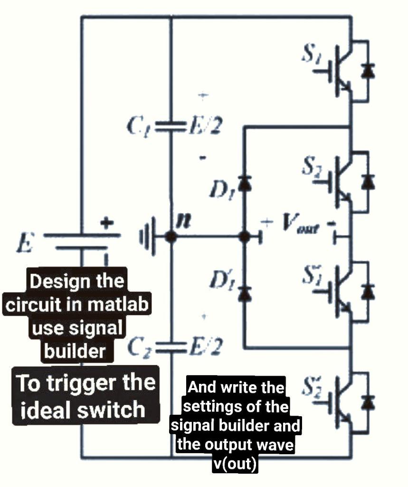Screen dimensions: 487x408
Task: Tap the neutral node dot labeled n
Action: [171, 236]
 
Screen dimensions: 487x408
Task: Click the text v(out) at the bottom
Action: [235, 464]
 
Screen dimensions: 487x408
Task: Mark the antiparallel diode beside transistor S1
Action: [367, 71]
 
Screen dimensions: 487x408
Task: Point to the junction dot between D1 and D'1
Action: [245, 236]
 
